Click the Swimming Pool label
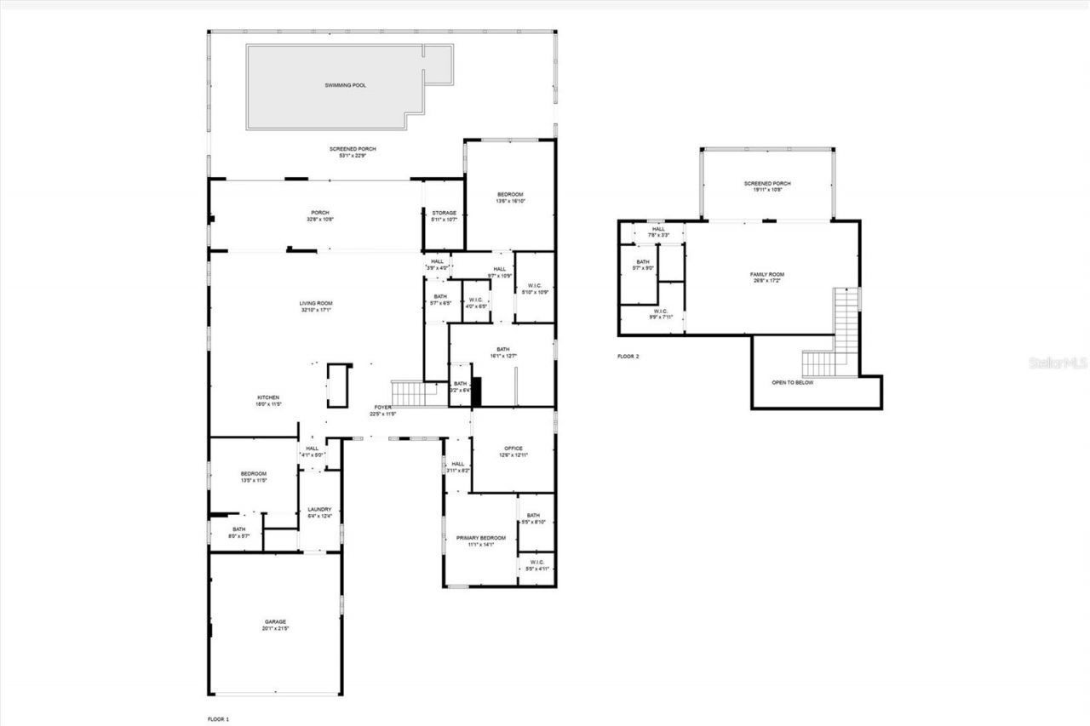pyautogui.click(x=345, y=85)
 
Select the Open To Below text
pyautogui.click(x=792, y=383)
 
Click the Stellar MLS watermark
pyautogui.click(x=1058, y=363)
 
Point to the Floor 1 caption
pyautogui.click(x=219, y=719)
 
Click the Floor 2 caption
pyautogui.click(x=628, y=357)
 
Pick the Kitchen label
pyautogui.click(x=269, y=401)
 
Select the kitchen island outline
pyautogui.click(x=338, y=384)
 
